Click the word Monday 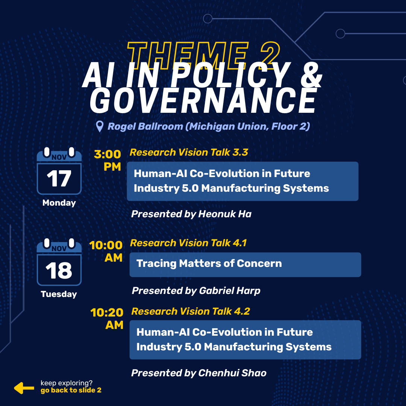(x=59, y=203)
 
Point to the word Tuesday (x=59, y=294)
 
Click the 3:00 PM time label (x=108, y=160)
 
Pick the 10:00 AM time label (x=106, y=251)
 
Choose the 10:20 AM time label (x=107, y=318)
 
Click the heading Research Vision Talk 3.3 (x=189, y=152)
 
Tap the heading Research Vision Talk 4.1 (x=188, y=243)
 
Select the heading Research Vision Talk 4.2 (x=191, y=311)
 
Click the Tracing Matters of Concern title (x=209, y=264)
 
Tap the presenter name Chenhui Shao (x=232, y=373)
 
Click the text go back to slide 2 (x=71, y=391)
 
